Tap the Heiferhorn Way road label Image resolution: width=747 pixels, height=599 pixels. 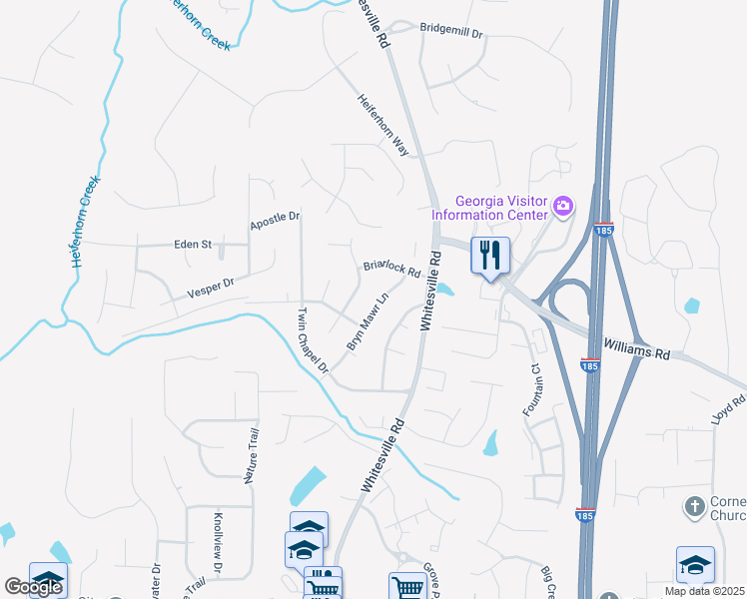pyautogui.click(x=384, y=125)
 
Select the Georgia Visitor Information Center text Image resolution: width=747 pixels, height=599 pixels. pyautogui.click(x=489, y=206)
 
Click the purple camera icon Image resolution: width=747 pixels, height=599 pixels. pyautogui.click(x=563, y=207)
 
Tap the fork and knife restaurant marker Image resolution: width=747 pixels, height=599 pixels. pyautogui.click(x=489, y=255)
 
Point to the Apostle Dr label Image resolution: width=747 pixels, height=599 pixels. pyautogui.click(x=275, y=218)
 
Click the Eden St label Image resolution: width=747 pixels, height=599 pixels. pyautogui.click(x=193, y=244)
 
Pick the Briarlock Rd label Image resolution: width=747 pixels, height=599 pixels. pyautogui.click(x=391, y=270)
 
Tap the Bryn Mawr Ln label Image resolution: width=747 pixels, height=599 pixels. pyautogui.click(x=367, y=320)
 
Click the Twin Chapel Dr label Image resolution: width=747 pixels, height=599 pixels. pyautogui.click(x=312, y=339)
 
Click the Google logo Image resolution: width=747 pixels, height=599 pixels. pyautogui.click(x=33, y=587)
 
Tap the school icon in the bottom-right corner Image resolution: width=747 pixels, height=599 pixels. pyautogui.click(x=695, y=565)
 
